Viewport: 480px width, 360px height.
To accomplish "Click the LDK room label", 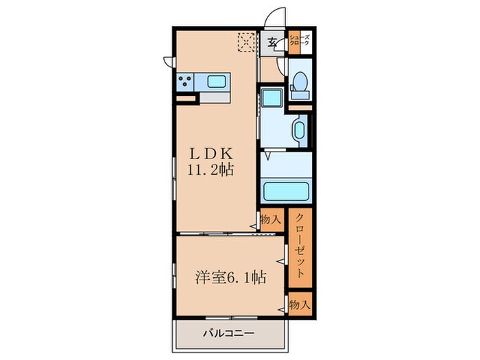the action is [211, 154].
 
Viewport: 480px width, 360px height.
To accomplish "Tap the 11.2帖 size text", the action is [211, 169].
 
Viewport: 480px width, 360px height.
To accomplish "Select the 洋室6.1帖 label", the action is [230, 277].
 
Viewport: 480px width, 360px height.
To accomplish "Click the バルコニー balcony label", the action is [228, 333].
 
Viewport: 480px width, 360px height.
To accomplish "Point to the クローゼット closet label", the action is [300, 245].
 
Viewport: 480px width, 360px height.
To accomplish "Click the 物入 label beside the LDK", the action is [271, 219].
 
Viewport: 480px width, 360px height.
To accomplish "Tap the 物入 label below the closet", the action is [300, 304].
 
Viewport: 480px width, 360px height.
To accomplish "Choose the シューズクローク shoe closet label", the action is [300, 40].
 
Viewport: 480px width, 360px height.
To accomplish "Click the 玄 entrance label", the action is [272, 43].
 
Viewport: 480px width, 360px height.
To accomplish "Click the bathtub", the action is [286, 191].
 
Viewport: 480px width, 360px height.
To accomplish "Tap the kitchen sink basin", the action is [216, 82].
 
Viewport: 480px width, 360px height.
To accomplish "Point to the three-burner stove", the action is [185, 82].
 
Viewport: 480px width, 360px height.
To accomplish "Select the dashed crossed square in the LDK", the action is [246, 43].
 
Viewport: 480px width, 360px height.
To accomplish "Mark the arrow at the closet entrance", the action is [280, 261].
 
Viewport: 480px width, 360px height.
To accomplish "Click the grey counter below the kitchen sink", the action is [215, 97].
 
